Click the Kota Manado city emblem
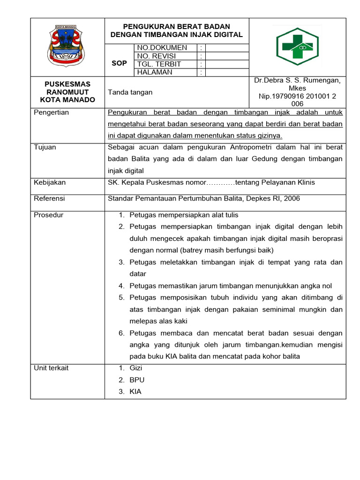[x=66, y=46]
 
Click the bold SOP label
[x=120, y=63]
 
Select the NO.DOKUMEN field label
[x=162, y=48]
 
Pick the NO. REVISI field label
[x=157, y=56]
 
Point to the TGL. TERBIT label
[x=159, y=64]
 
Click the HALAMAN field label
[x=155, y=72]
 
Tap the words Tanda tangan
[x=130, y=92]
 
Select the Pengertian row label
[x=52, y=112]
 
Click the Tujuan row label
[x=45, y=147]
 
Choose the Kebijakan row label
[x=50, y=182]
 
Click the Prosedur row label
[x=49, y=215]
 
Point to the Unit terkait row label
[x=51, y=368]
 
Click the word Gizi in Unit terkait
[x=136, y=368]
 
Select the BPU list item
[x=137, y=380]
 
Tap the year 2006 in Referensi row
[x=291, y=199]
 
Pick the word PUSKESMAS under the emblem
[x=67, y=84]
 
